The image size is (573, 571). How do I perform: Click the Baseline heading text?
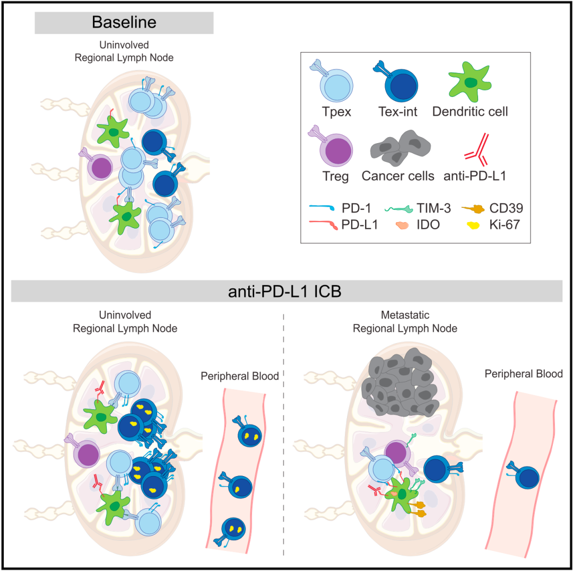(x=124, y=22)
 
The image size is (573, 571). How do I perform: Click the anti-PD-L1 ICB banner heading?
(x=285, y=292)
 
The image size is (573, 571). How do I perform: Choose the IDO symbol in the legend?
(x=402, y=225)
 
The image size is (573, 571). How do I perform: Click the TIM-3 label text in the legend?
(x=434, y=208)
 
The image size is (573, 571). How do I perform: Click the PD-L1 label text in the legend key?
(x=359, y=225)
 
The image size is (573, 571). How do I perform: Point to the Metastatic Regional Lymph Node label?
(x=405, y=322)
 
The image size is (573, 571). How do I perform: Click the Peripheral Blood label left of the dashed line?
(x=240, y=376)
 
